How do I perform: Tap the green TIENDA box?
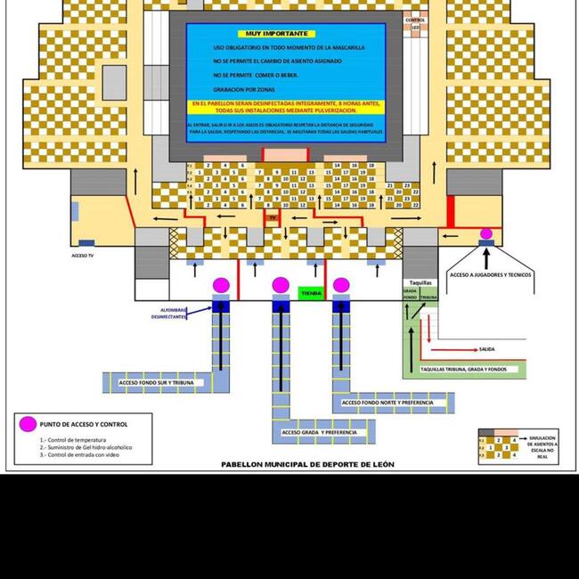click(311, 292)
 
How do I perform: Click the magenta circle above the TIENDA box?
click(281, 284)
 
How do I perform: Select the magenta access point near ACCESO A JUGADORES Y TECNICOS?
click(486, 234)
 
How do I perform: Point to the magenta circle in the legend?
click(29, 424)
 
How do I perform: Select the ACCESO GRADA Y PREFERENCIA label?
click(319, 433)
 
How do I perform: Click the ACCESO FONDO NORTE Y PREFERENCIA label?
click(387, 404)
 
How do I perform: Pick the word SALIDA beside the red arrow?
click(486, 349)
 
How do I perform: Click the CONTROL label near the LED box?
click(415, 20)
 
